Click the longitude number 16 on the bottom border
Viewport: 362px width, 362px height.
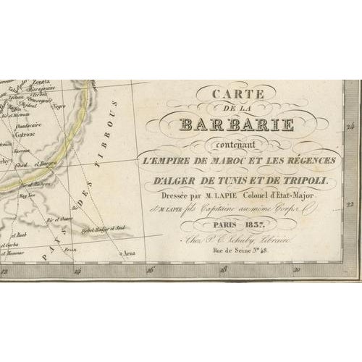tap(150, 271)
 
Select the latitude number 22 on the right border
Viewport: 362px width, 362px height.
tap(352, 205)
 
